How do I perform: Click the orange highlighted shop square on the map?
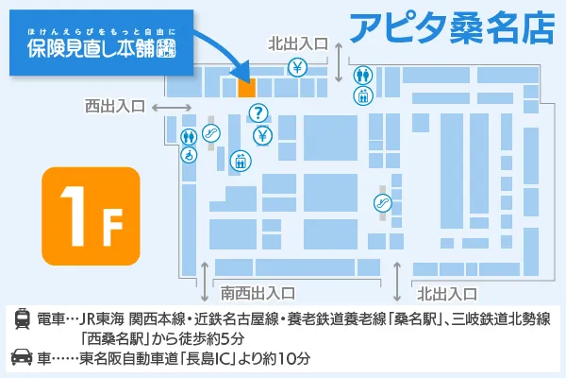click(x=246, y=87)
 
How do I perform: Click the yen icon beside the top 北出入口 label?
click(x=296, y=68)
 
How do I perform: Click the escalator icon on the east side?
click(x=382, y=200)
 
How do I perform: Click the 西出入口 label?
click(x=114, y=106)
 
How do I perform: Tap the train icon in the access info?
click(x=21, y=318)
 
